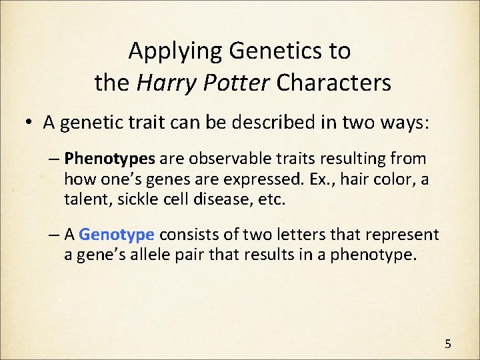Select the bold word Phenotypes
pyautogui.click(x=110, y=159)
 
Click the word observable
pyautogui.click(x=221, y=159)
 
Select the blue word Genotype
pyautogui.click(x=117, y=235)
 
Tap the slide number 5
pyautogui.click(x=448, y=344)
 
